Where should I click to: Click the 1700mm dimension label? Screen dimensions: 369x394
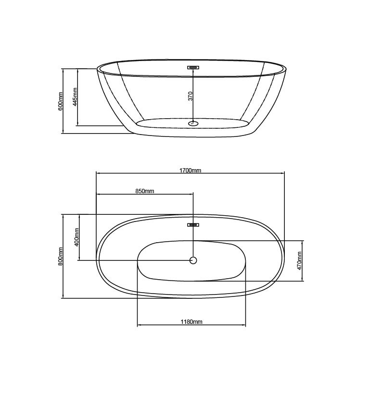tap(190, 171)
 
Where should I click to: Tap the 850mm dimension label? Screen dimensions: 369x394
tap(145, 191)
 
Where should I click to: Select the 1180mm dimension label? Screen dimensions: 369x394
tap(191, 321)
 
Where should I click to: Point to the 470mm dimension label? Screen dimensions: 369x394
tap(299, 260)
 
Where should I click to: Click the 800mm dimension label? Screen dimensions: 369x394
tap(60, 256)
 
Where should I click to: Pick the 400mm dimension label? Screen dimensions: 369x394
tap(76, 237)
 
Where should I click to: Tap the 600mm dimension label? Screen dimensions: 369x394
tap(60, 101)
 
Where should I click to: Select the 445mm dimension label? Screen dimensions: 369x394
tap(75, 97)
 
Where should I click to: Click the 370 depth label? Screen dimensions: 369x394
tap(191, 96)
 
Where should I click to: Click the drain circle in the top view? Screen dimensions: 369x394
tap(193, 260)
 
